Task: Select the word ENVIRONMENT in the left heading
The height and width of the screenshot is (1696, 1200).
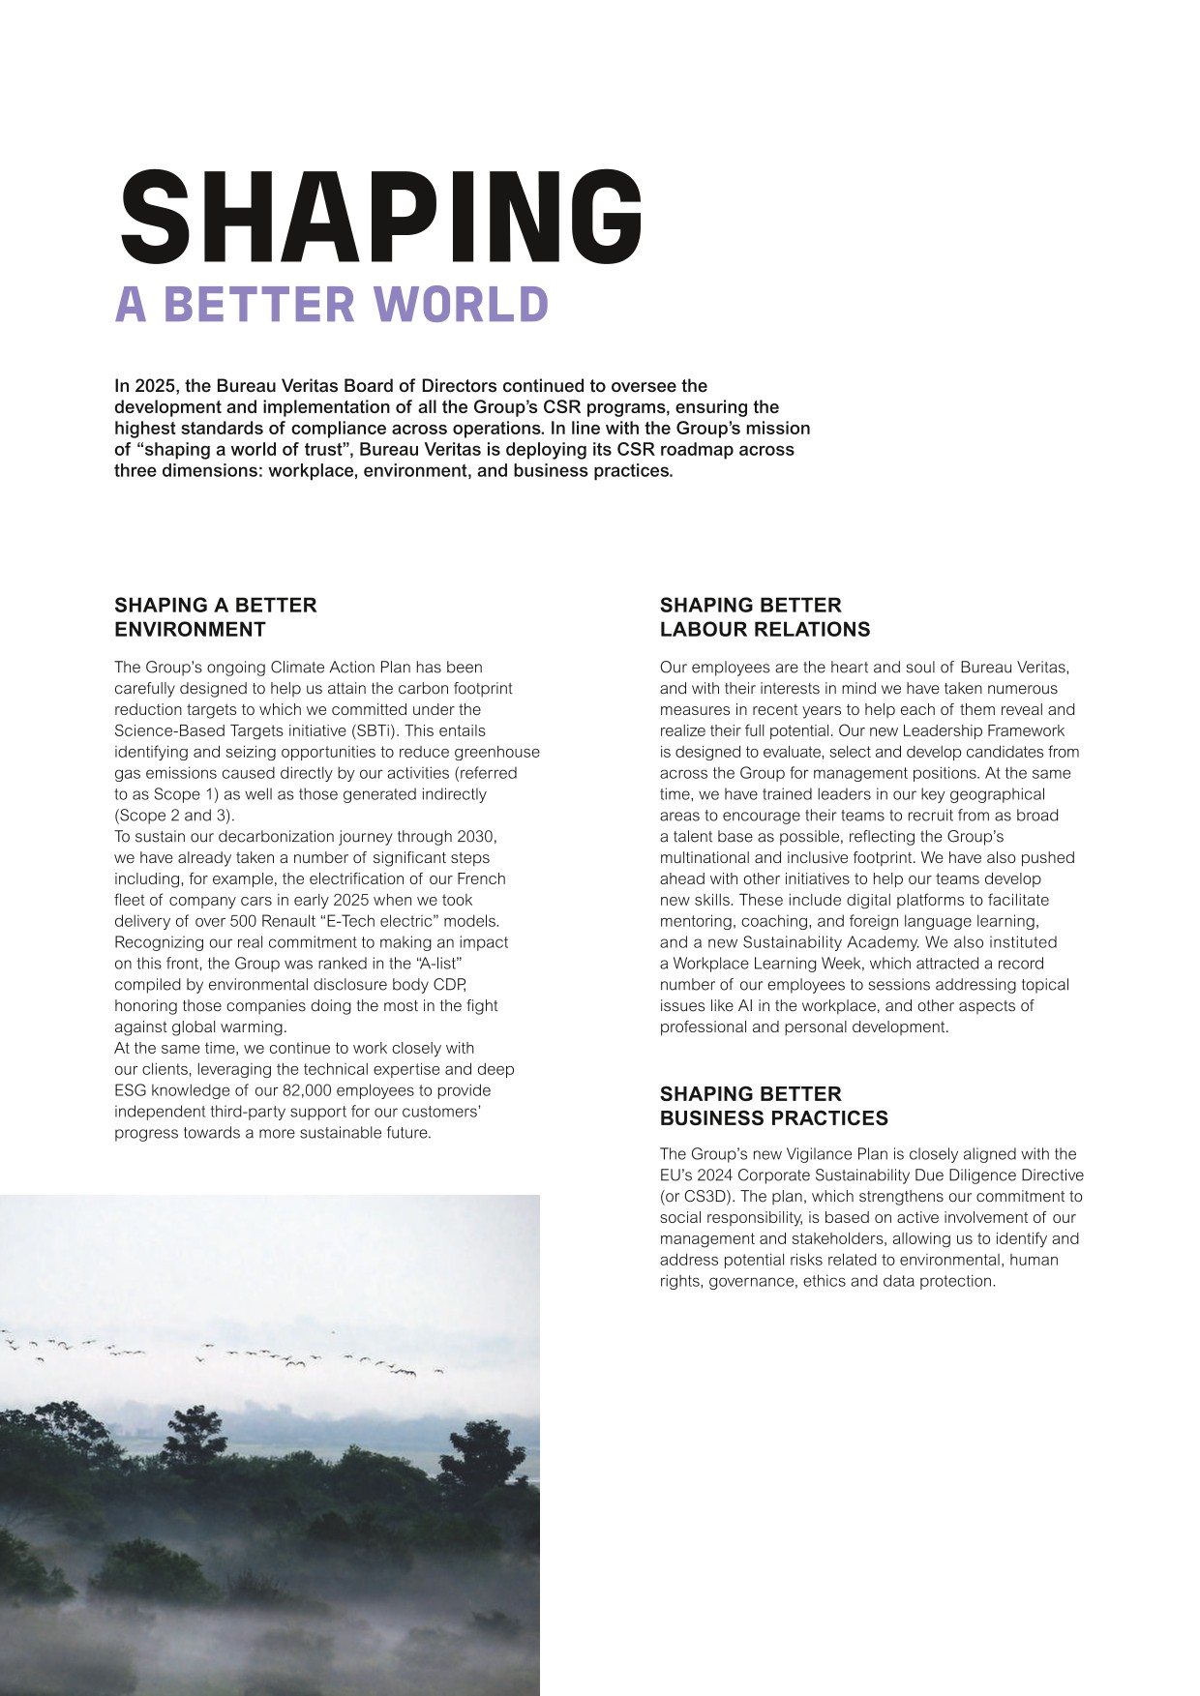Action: coord(190,629)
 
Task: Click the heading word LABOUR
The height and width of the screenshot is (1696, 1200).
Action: coord(705,629)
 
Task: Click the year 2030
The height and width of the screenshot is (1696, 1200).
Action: coord(476,836)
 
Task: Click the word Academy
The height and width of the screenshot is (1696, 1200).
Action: coord(884,941)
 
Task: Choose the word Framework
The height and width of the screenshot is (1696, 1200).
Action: coord(1025,730)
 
